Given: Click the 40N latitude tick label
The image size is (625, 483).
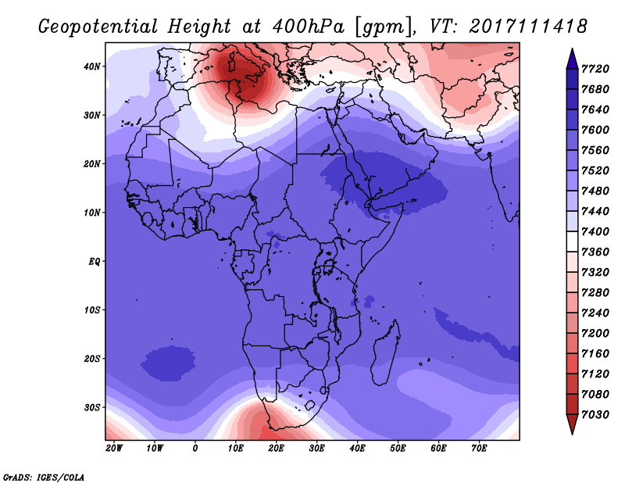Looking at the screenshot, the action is coord(91,66).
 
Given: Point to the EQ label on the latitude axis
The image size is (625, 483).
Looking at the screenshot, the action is coord(95,262).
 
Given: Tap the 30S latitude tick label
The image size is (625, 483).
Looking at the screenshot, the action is coord(91,408).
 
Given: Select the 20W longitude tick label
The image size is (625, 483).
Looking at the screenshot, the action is coord(114,449).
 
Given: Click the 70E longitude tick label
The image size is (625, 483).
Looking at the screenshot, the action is coord(479,449).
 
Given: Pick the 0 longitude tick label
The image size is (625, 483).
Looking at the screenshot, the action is coord(195,449).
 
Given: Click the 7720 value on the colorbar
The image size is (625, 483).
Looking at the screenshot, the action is coord(595,69).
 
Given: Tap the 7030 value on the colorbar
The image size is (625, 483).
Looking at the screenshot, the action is coord(595,415).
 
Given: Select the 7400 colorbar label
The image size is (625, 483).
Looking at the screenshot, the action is coord(595,231).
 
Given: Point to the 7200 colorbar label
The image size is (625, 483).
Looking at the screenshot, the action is coord(595,334).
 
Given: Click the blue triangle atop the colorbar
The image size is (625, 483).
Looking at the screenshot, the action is coord(572,59).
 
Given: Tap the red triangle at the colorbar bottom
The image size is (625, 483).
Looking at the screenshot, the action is coord(572,424).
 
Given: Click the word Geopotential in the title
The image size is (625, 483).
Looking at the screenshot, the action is coord(98,27).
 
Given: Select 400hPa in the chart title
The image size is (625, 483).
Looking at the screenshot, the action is coord(308,27).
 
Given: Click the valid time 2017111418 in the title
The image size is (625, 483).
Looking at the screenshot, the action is coord(528,27).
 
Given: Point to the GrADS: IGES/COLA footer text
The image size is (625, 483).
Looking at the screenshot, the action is coord(44,478).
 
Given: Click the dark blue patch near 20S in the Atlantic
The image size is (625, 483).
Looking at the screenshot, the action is coord(168,363).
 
